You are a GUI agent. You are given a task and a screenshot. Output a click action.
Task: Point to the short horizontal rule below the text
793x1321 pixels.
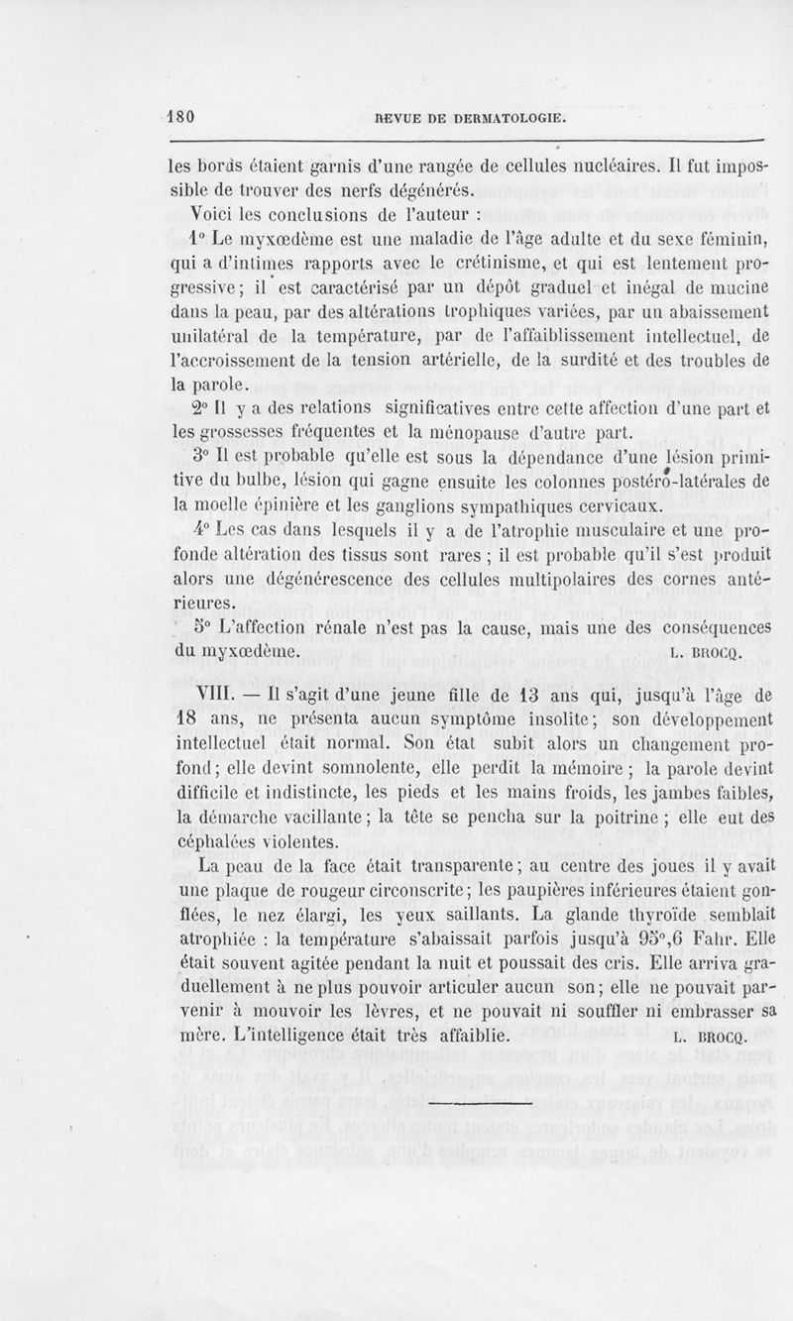coord(484,1099)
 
